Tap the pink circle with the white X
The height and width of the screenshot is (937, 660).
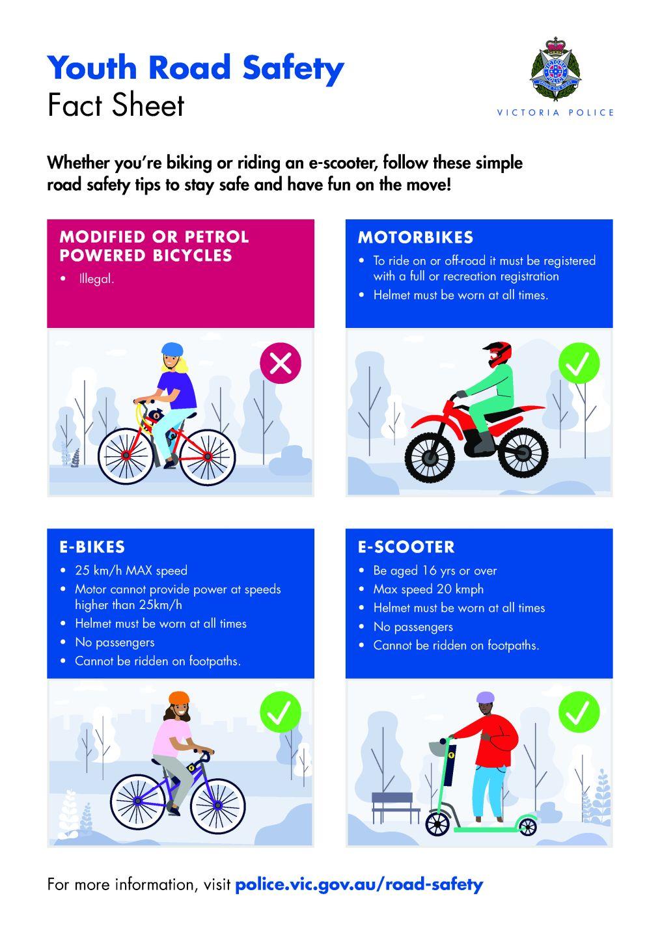(280, 362)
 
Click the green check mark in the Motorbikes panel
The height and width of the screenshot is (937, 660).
(579, 362)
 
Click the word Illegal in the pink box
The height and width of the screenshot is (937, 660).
(96, 278)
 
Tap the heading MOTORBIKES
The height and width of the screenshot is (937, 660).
(415, 237)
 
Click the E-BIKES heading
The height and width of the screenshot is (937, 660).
(92, 547)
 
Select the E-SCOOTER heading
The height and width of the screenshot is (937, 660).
(406, 547)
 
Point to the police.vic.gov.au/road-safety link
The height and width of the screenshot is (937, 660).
(359, 884)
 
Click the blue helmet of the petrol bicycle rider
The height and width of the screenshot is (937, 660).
(172, 349)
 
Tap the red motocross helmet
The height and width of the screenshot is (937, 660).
(498, 354)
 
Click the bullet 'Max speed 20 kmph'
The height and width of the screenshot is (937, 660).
(428, 589)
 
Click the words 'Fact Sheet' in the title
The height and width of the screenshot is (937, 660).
(115, 105)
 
